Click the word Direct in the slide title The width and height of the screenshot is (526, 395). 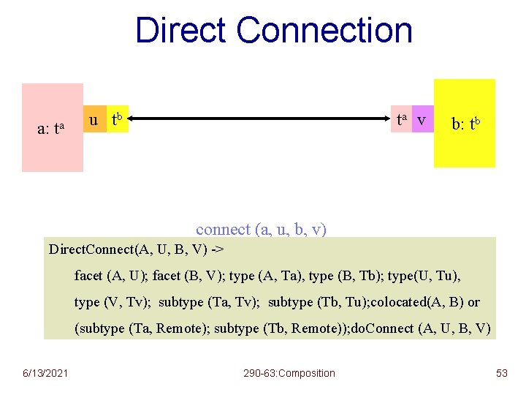(181, 31)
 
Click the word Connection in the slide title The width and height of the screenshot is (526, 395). (324, 31)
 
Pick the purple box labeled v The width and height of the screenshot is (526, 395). (421, 119)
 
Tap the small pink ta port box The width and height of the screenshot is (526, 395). (400, 119)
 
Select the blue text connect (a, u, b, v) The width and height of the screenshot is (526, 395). (261, 229)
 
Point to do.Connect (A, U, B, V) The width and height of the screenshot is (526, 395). (430, 328)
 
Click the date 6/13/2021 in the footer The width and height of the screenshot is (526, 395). (45, 373)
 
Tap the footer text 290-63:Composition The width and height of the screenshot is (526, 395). (289, 373)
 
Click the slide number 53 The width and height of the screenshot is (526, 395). (501, 373)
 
